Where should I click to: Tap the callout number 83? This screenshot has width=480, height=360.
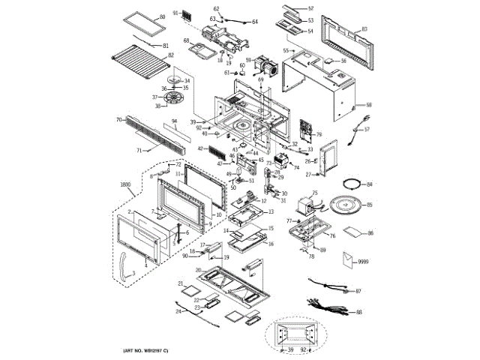[364, 28]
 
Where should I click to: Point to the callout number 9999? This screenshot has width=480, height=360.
[364, 261]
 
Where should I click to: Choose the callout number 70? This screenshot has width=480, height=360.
[118, 119]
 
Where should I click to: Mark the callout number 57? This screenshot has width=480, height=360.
[367, 129]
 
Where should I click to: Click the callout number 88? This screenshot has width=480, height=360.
[358, 312]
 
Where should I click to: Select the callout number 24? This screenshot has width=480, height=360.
[178, 310]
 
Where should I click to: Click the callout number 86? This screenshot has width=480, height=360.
[370, 234]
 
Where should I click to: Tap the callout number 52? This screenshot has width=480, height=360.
[310, 8]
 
